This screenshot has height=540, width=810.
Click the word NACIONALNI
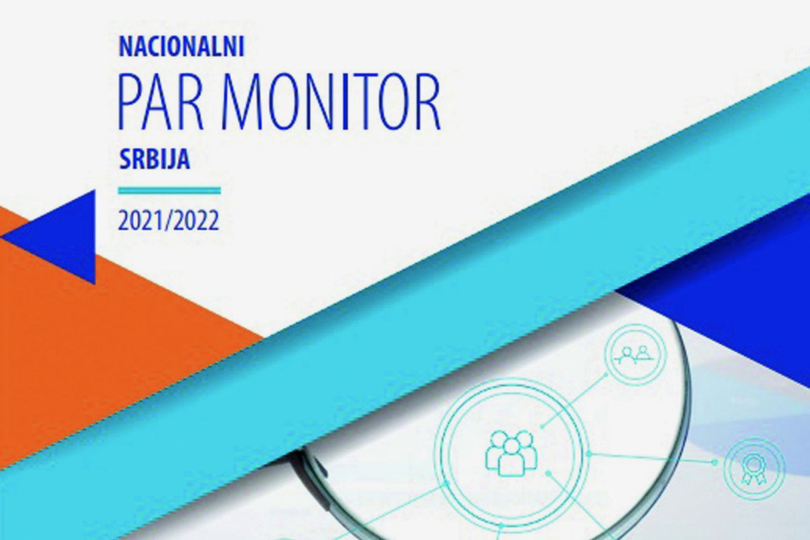(182, 46)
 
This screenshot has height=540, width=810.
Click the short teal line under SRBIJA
(169, 190)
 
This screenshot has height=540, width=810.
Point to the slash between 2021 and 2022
(168, 221)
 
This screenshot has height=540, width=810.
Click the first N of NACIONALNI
(127, 46)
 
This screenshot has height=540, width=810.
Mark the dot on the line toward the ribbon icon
(714, 462)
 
